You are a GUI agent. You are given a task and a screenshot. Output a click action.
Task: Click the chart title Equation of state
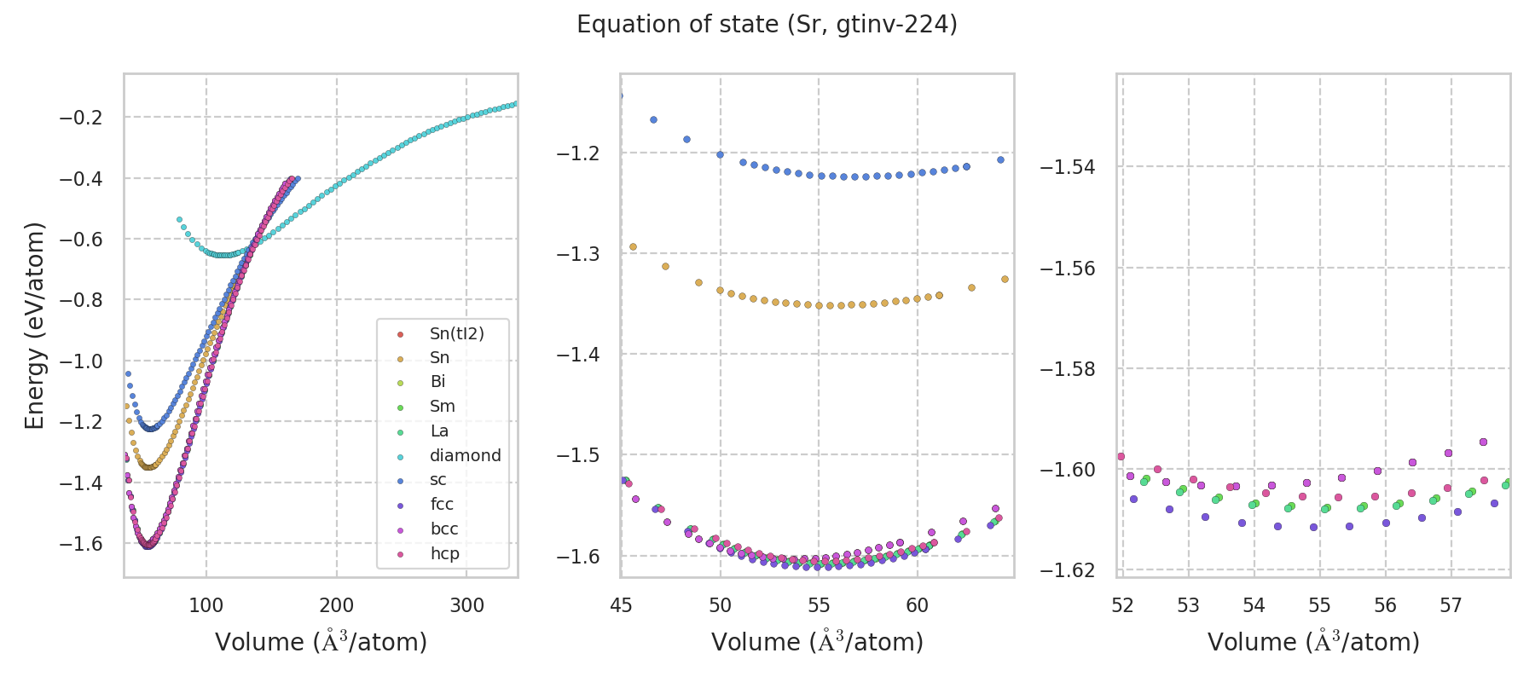tap(767, 25)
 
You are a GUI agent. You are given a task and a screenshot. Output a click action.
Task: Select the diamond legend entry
tap(465, 456)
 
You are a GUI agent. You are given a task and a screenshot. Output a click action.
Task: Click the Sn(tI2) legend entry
tap(456, 334)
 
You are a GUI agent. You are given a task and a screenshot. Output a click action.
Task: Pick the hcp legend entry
tap(444, 554)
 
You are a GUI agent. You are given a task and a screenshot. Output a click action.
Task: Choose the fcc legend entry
tap(442, 505)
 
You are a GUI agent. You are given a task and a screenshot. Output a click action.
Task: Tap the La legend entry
tap(439, 431)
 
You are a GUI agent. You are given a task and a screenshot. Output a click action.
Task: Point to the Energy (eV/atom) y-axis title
tap(35, 325)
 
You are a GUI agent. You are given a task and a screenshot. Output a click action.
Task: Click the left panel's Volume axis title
tap(321, 642)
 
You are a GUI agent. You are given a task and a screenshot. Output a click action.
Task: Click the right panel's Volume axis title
tap(1313, 642)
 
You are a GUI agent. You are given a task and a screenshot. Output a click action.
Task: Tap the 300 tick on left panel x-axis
tap(466, 606)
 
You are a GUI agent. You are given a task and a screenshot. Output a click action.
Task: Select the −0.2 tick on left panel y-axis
tap(81, 118)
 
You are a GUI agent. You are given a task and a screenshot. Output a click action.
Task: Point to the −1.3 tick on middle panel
tap(578, 254)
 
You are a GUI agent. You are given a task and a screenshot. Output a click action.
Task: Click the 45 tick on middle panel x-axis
tap(622, 606)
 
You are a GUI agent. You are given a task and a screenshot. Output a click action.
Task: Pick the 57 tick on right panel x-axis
tap(1451, 606)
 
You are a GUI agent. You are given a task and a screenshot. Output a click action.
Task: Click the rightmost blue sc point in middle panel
tap(1000, 159)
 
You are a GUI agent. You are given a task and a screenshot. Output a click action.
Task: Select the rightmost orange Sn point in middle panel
tap(1005, 279)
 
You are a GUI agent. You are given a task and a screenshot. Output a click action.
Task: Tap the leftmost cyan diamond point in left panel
tap(179, 220)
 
